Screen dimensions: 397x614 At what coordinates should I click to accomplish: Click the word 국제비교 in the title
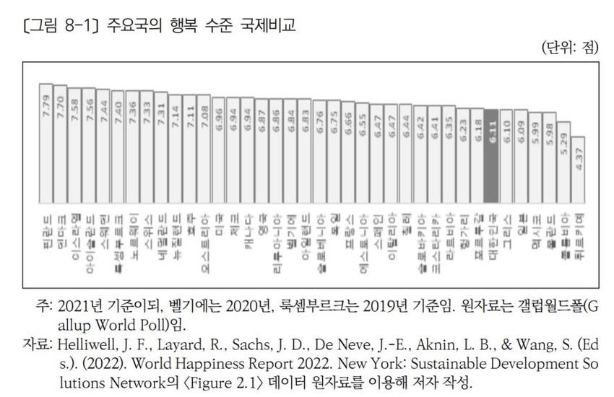(269, 25)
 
